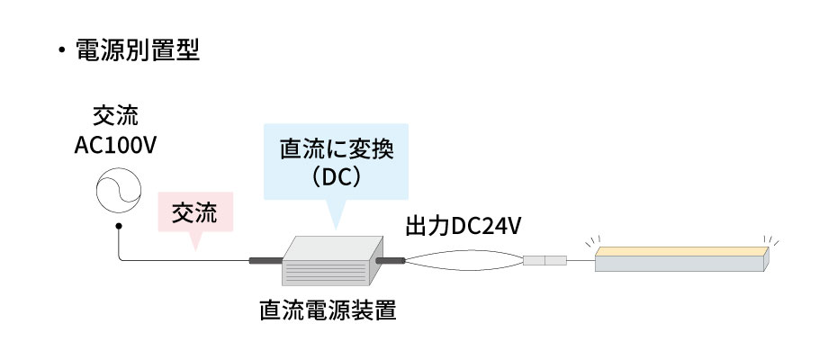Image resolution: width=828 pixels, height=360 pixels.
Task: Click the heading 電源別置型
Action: tap(139, 49)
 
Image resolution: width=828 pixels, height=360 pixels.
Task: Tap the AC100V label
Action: tap(117, 145)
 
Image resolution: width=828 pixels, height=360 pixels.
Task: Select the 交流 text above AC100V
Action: tap(117, 117)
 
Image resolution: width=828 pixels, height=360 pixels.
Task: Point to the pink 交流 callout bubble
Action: tap(195, 213)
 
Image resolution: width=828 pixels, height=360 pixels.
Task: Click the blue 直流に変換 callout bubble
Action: tap(334, 162)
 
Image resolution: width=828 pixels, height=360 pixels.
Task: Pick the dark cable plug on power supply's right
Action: tap(391, 261)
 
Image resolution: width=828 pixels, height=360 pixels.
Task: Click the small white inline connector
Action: tap(544, 261)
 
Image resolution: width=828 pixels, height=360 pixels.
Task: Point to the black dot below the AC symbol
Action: tap(118, 228)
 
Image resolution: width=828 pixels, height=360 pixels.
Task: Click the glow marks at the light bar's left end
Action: tap(589, 240)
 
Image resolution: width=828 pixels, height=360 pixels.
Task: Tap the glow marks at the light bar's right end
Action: tap(772, 240)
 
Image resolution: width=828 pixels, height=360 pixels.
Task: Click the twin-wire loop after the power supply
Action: tap(463, 261)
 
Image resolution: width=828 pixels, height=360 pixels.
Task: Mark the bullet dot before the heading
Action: tap(62, 49)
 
